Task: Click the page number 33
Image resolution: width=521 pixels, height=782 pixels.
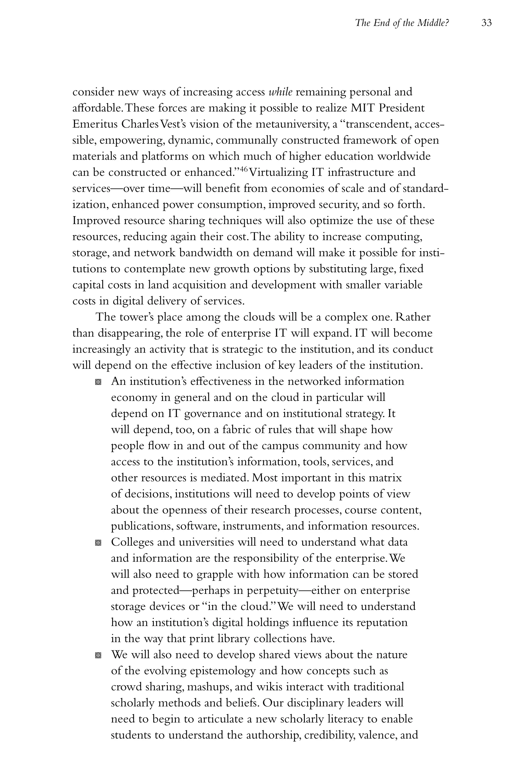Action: [486, 23]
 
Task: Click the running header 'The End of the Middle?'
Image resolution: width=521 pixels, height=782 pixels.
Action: [402, 23]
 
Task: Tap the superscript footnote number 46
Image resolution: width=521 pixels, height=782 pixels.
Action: [243, 169]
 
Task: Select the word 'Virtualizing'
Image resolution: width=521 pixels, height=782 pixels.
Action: [279, 173]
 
